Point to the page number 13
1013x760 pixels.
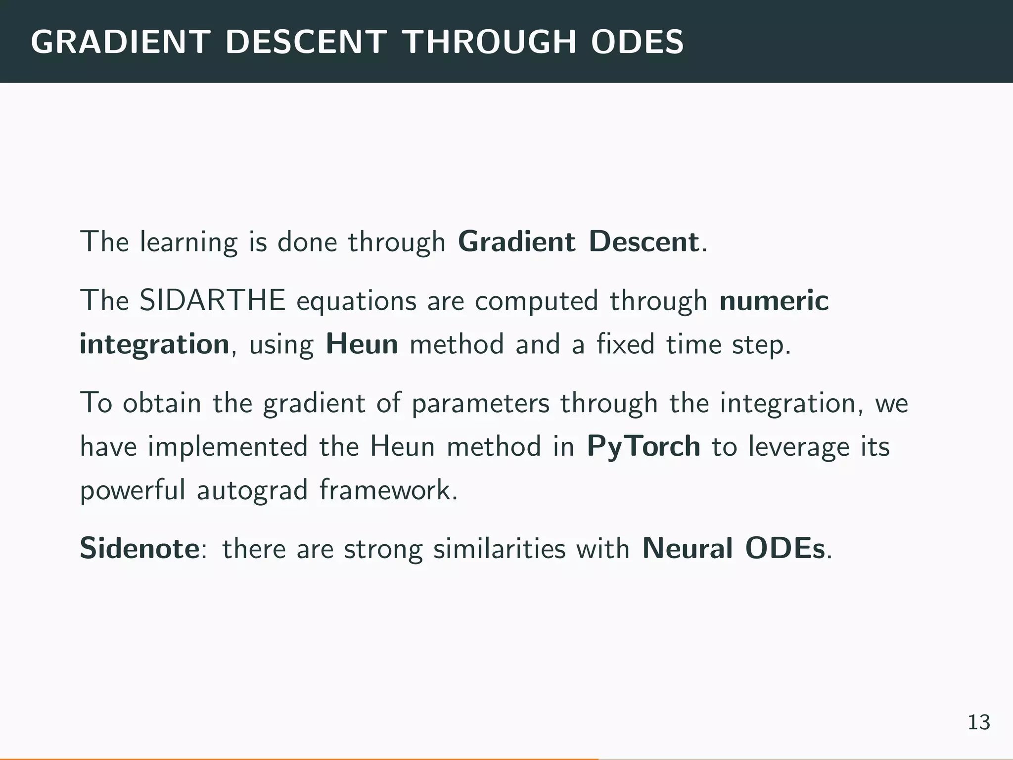coord(978,722)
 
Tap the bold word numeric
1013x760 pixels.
coord(774,300)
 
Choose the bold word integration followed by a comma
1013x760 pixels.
coord(154,344)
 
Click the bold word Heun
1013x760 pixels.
coord(362,344)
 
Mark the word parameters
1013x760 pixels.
coord(480,403)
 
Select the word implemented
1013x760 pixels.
coord(228,447)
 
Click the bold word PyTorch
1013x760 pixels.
coord(644,447)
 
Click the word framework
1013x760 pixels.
coord(388,490)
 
